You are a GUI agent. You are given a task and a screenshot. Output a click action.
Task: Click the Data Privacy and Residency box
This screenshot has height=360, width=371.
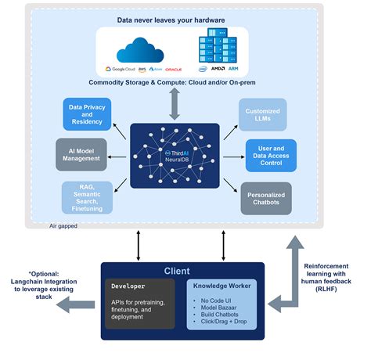click(85, 114)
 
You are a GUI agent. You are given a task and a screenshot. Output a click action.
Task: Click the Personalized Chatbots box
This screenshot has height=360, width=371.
click(265, 196)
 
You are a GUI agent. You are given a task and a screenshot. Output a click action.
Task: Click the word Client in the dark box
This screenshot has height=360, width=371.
click(177, 272)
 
